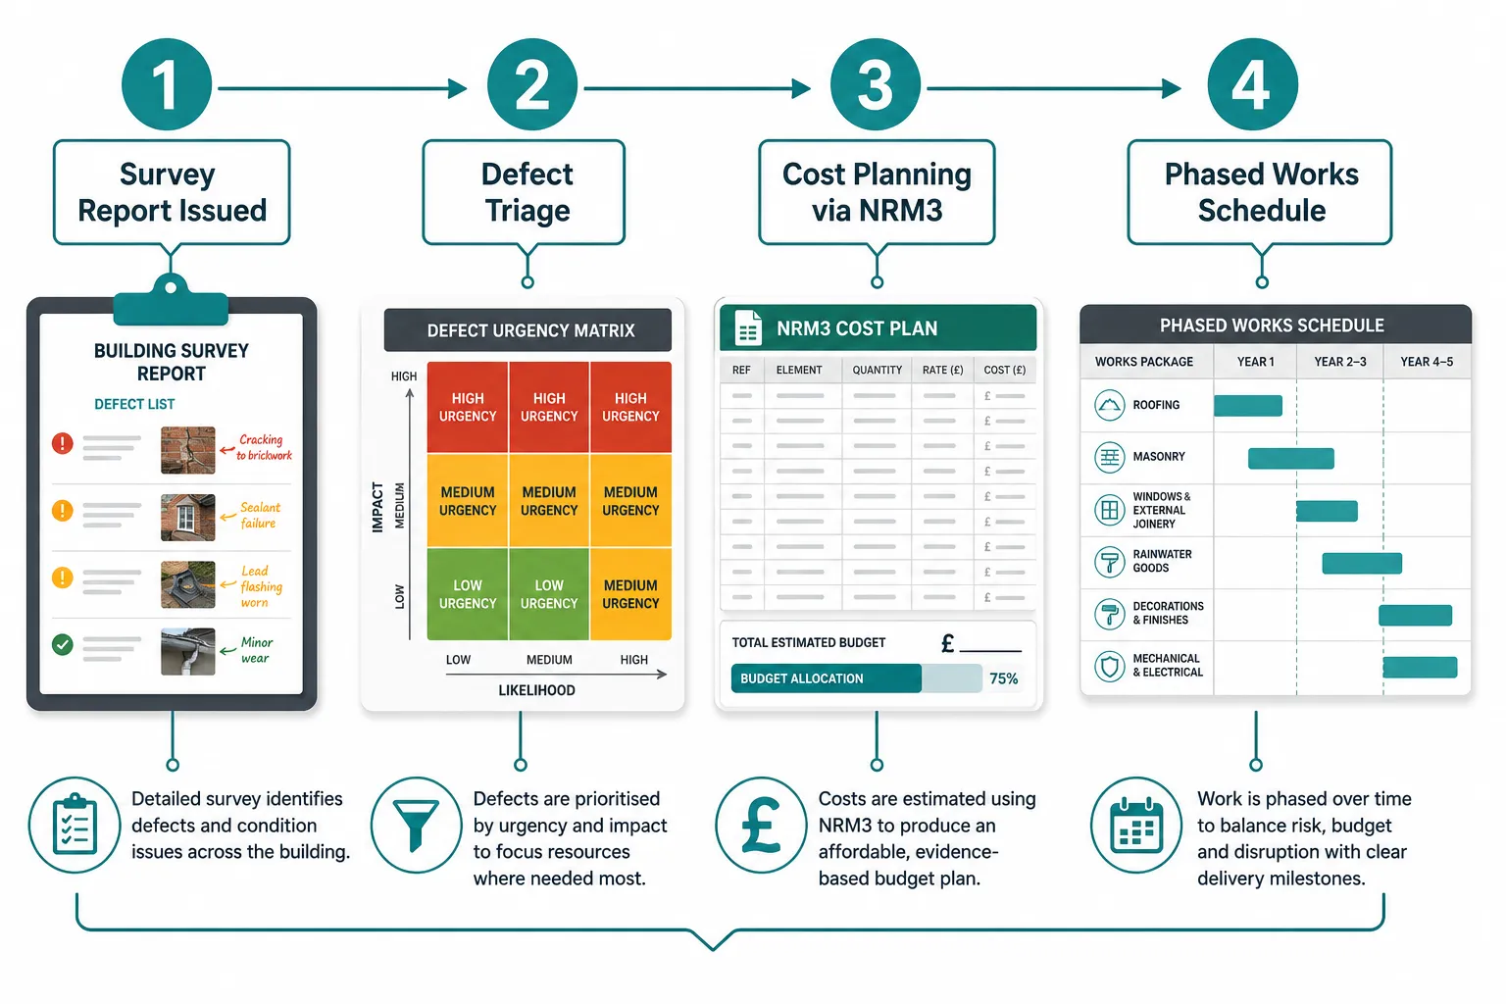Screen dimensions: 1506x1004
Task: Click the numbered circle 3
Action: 875,84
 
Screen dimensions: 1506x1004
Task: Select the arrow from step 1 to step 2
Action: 342,88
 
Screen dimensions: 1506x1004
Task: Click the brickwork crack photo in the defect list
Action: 187,450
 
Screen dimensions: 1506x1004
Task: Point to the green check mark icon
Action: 63,644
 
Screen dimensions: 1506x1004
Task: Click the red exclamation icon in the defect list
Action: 63,443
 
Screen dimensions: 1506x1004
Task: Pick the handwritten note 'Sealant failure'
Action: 260,515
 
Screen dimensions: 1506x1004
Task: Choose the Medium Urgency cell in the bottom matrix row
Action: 630,594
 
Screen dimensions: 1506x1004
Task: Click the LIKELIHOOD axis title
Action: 536,690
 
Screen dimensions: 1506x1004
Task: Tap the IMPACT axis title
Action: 377,507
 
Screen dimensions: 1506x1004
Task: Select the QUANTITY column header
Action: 877,370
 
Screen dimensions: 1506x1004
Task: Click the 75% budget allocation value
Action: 1003,678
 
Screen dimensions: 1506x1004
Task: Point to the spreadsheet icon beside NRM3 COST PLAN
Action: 748,328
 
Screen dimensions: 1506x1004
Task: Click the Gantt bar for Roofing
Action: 1248,406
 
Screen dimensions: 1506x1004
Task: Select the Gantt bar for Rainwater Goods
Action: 1362,564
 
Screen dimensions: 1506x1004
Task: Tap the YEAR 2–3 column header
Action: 1340,362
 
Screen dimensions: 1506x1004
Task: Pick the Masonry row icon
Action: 1109,457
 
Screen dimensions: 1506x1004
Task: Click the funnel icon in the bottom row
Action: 416,826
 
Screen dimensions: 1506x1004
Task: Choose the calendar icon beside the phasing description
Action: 1135,826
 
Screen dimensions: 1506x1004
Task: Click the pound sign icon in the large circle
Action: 761,826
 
